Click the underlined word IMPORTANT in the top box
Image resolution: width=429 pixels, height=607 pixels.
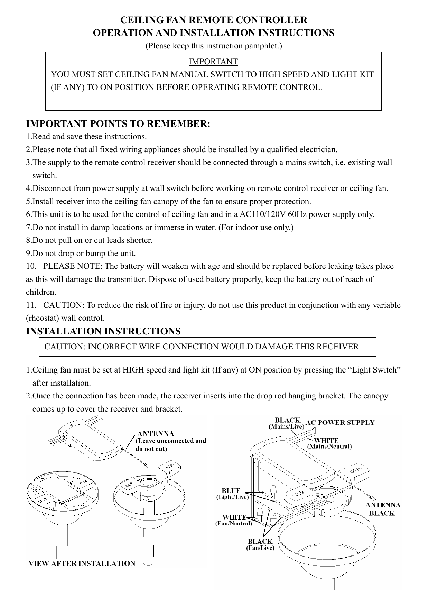coord(213,62)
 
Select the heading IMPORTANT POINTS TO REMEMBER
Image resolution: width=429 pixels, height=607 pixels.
coord(118,124)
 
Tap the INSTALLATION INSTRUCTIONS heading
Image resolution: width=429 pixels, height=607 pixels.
coord(103,331)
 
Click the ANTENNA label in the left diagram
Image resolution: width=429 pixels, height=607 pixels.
coord(156,433)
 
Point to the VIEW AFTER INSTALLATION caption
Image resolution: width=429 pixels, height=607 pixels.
coord(82,563)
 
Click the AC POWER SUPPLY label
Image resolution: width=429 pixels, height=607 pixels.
coord(341,422)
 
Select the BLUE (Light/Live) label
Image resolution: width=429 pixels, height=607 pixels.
coord(231,494)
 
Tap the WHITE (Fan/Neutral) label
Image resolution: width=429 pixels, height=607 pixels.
coord(234,521)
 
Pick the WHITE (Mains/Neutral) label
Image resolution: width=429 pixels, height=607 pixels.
coord(329,443)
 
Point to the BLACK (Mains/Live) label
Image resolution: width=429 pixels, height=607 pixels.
coord(287,424)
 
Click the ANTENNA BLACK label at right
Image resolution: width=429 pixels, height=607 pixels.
coord(383,509)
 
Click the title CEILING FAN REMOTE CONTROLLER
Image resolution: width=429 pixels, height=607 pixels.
coord(213,19)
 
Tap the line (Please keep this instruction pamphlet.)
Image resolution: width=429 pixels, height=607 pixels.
coord(213,46)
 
